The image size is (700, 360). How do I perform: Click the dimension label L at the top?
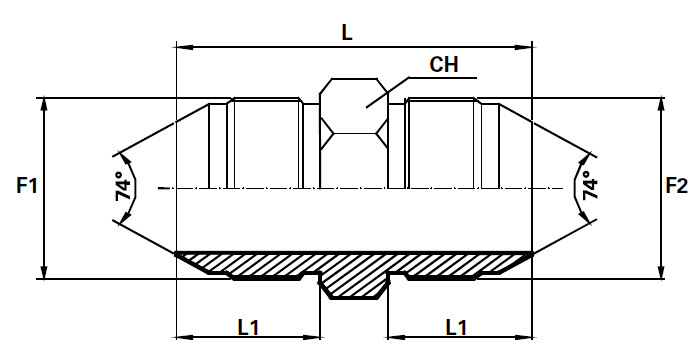pyautogui.click(x=347, y=32)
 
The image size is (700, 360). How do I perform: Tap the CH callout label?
pyautogui.click(x=444, y=64)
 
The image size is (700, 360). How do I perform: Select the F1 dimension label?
pyautogui.click(x=27, y=185)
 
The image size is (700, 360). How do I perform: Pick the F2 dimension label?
pyautogui.click(x=677, y=185)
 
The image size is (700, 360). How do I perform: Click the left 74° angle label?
pyautogui.click(x=125, y=186)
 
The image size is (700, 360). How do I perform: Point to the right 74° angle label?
pyautogui.click(x=590, y=186)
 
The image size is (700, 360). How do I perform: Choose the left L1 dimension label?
pyautogui.click(x=248, y=328)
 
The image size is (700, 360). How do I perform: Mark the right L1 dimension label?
pyautogui.click(x=456, y=328)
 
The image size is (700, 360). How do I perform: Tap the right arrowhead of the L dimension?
pyautogui.click(x=524, y=47)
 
